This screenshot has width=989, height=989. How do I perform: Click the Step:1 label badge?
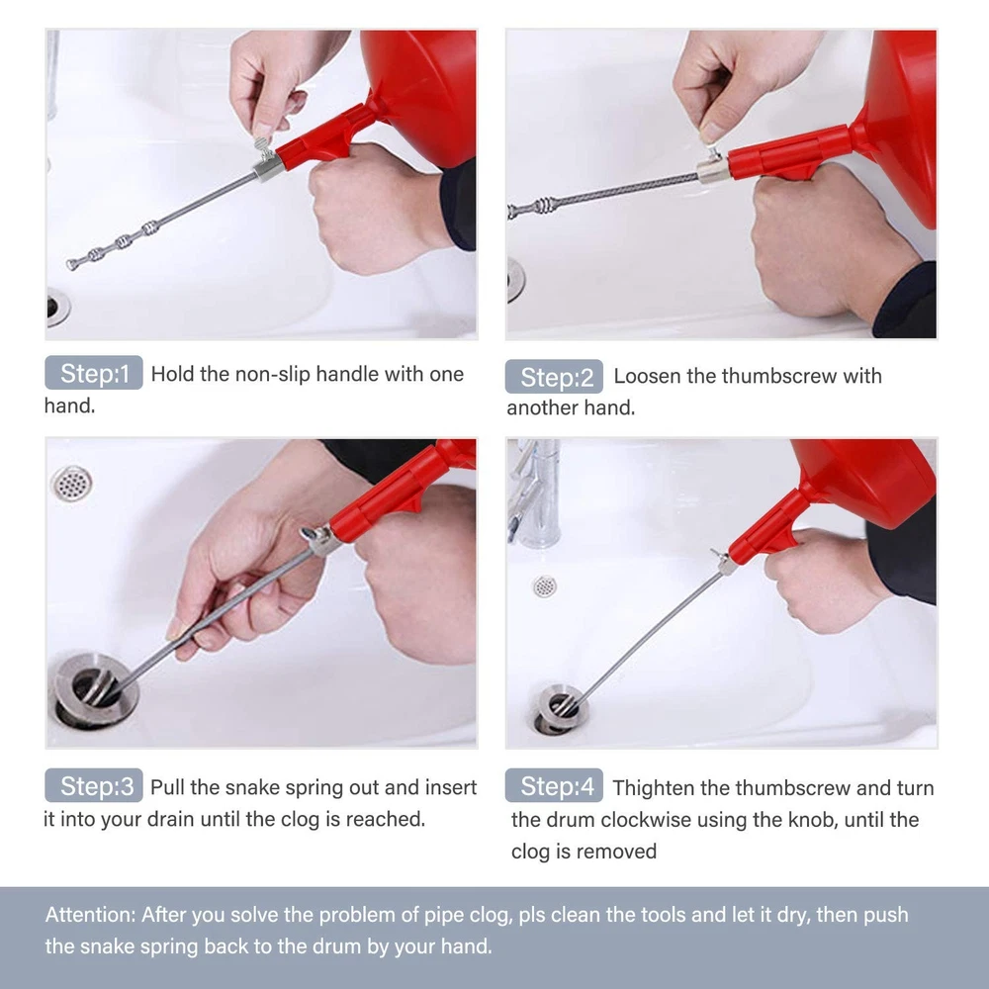(x=93, y=373)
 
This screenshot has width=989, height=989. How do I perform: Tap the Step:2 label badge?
(x=554, y=377)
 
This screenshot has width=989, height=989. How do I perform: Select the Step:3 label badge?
(x=93, y=785)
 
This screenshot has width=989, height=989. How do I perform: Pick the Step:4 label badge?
(x=554, y=785)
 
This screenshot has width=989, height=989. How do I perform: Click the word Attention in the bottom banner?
(x=90, y=914)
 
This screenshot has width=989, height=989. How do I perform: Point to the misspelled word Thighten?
(x=654, y=788)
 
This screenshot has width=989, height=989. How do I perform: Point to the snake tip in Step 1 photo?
(x=71, y=264)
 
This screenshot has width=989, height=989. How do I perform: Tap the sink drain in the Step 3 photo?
(x=93, y=690)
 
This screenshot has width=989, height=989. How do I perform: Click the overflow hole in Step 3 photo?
(x=71, y=484)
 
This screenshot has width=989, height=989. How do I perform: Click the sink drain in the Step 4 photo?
(x=561, y=708)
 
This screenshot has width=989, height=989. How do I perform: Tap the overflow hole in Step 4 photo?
(x=544, y=586)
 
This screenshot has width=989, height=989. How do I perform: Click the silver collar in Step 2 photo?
(x=713, y=171)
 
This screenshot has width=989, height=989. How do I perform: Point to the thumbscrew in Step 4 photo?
(x=718, y=556)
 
